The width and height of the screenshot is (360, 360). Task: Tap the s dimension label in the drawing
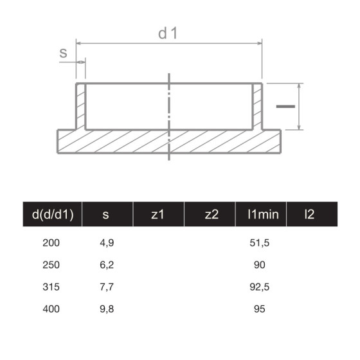64,53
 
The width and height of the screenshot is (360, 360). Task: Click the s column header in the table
105,215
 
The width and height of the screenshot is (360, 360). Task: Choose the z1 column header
157,215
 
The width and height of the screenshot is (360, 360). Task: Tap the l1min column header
262,215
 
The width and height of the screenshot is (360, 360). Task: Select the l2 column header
310,215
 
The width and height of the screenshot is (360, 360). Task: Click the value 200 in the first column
50,243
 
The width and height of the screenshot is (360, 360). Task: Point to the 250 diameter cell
50,265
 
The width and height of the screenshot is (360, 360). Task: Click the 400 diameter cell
50,309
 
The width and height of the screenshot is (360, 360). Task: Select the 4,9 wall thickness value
107,243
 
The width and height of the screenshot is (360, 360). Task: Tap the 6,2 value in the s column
107,265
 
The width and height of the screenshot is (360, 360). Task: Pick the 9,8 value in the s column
107,309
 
